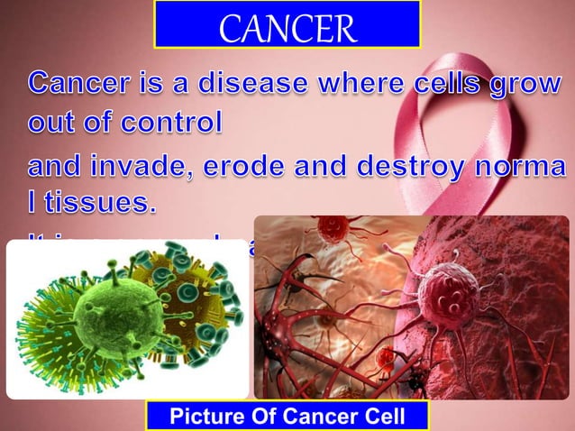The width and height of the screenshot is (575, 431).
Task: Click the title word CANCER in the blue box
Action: pos(287,26)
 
